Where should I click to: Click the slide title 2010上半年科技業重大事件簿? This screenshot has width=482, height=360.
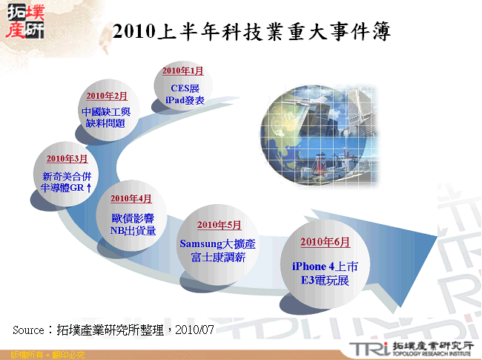pyautogui.click(x=252, y=31)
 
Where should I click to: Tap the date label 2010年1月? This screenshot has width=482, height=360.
pyautogui.click(x=182, y=71)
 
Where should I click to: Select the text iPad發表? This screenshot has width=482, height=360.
pyautogui.click(x=182, y=100)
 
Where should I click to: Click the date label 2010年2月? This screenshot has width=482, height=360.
pyautogui.click(x=107, y=96)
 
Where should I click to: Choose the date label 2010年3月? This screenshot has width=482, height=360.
pyautogui.click(x=67, y=159)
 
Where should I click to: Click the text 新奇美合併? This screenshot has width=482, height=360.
pyautogui.click(x=67, y=177)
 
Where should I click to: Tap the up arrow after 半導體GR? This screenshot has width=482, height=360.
pyautogui.click(x=90, y=189)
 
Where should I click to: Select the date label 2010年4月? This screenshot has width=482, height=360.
pyautogui.click(x=131, y=199)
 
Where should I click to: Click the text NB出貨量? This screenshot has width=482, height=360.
pyautogui.click(x=132, y=231)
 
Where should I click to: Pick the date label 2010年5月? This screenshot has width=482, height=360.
pyautogui.click(x=219, y=225)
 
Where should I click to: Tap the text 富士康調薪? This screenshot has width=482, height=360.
pyautogui.click(x=218, y=258)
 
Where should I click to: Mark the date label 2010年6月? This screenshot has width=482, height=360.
pyautogui.click(x=325, y=243)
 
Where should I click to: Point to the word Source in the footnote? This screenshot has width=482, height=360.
pyautogui.click(x=30, y=328)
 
